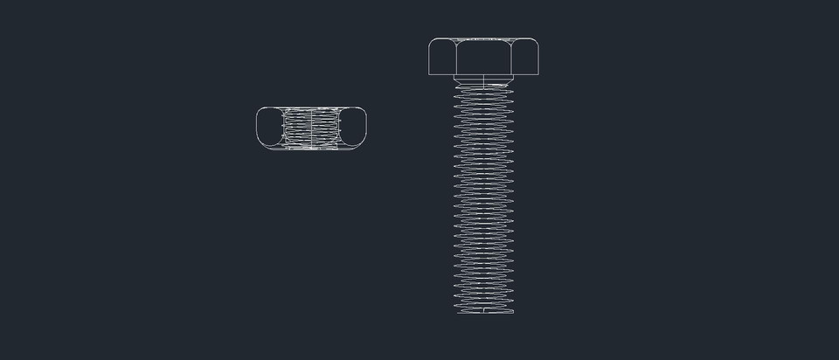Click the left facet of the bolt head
coord(441,57)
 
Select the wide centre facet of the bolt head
coord(483,58)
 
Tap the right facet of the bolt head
coord(526,57)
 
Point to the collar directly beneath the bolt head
coord(483,80)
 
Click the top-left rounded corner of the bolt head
coord(433,41)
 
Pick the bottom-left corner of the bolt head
coord(430,74)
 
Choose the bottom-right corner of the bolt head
coord(537,74)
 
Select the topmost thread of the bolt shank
coord(483,87)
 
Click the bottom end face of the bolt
coord(483,312)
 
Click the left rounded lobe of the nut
coord(271,128)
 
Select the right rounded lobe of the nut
coord(352,128)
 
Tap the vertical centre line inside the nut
coord(312,128)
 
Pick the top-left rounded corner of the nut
coord(260,111)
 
